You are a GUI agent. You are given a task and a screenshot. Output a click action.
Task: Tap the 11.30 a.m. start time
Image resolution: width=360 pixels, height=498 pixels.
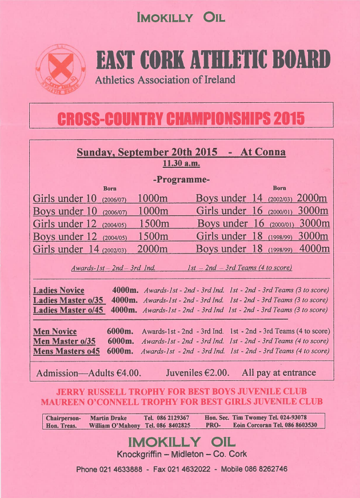click(x=181, y=163)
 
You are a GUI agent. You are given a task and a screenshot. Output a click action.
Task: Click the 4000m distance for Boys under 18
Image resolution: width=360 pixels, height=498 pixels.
click(x=314, y=249)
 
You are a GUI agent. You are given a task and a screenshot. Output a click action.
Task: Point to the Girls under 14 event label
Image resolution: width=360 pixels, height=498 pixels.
click(x=65, y=249)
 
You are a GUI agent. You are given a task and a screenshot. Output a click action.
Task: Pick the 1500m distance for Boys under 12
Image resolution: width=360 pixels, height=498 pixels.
click(x=153, y=236)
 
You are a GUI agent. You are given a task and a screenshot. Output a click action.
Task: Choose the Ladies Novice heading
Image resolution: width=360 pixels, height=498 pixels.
click(x=58, y=291)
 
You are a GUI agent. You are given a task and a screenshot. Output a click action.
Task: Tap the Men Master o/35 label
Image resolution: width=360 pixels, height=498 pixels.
click(x=65, y=341)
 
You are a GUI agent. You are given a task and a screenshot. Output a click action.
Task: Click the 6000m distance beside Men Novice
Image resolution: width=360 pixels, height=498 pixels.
click(x=120, y=331)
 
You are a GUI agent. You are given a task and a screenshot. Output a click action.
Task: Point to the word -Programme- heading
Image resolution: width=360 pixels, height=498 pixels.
click(x=181, y=180)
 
